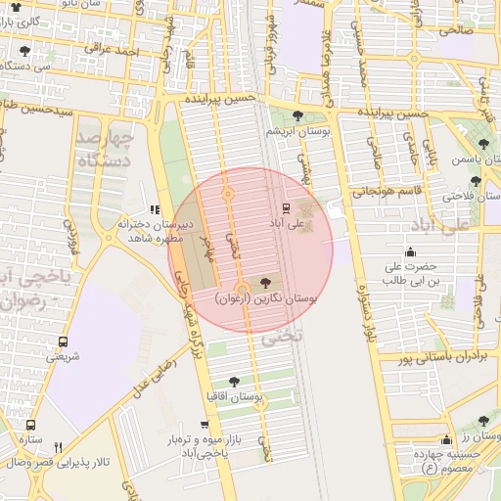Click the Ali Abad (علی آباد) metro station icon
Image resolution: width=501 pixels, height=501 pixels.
(x=287, y=207)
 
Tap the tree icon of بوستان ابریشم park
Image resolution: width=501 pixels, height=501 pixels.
(x=297, y=115)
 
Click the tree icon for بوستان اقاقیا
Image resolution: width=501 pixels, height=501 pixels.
(x=233, y=382)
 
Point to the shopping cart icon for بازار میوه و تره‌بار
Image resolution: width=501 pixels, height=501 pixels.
(x=204, y=425)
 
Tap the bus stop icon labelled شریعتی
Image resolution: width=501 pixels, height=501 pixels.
(x=64, y=342)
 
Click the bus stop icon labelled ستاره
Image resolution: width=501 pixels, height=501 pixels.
(x=30, y=426)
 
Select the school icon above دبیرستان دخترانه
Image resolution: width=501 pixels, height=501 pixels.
(x=154, y=208)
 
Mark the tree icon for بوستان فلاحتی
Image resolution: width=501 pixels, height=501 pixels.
(x=476, y=181)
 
